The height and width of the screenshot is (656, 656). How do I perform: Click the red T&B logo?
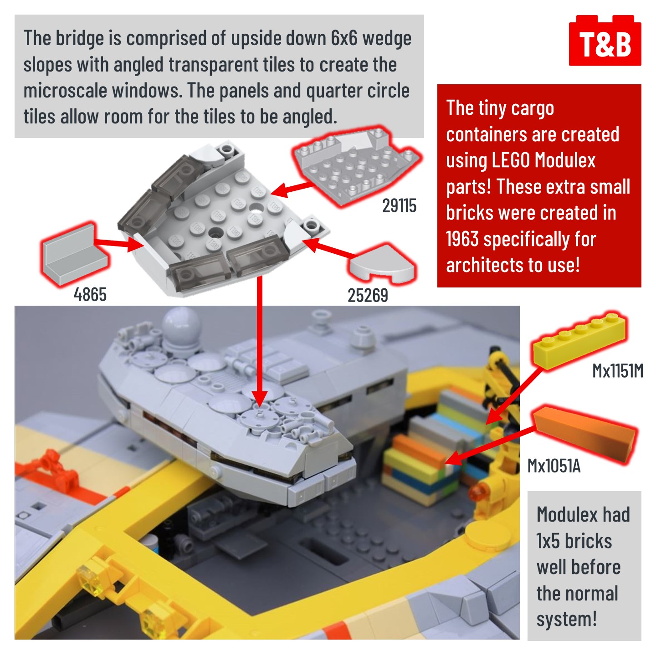tap(605, 41)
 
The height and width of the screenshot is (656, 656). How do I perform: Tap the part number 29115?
tap(399, 205)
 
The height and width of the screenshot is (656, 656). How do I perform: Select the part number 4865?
tap(90, 294)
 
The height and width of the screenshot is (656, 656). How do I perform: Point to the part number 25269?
tap(368, 295)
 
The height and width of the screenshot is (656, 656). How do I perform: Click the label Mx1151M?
tap(618, 371)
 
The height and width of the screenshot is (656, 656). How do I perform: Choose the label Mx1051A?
tap(554, 466)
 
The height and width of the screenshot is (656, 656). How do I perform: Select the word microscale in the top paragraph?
tap(64, 91)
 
